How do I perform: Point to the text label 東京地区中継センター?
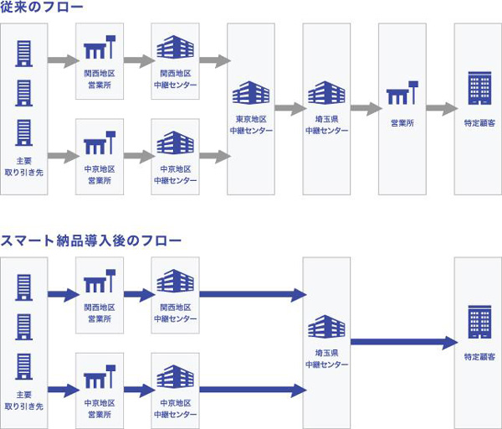(251, 125)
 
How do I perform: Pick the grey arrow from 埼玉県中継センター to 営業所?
(366, 109)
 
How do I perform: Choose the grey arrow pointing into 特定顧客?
(441, 109)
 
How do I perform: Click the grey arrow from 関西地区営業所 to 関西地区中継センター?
(139, 61)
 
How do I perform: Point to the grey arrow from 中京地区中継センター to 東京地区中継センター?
(215, 156)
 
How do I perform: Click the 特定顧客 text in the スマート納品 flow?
(478, 357)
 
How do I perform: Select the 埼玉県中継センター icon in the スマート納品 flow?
(327, 328)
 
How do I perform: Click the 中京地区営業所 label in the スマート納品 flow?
(100, 408)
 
